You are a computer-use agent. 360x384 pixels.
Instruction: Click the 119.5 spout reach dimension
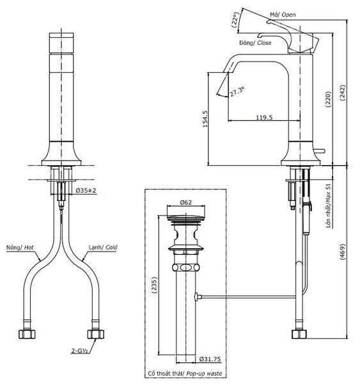point(264,117)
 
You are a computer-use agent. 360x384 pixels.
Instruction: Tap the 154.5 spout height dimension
point(205,119)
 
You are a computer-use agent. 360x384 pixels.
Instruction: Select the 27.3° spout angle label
point(237,91)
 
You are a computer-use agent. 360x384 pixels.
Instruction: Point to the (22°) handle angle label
point(235,20)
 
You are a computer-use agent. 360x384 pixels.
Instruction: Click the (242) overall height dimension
point(343,93)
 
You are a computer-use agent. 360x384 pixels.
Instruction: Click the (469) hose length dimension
point(343,252)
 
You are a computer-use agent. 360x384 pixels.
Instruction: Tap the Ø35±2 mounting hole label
point(86,190)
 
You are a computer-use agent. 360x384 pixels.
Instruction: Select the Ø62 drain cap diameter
point(186,202)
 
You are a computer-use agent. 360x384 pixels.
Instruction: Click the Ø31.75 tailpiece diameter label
point(210,359)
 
